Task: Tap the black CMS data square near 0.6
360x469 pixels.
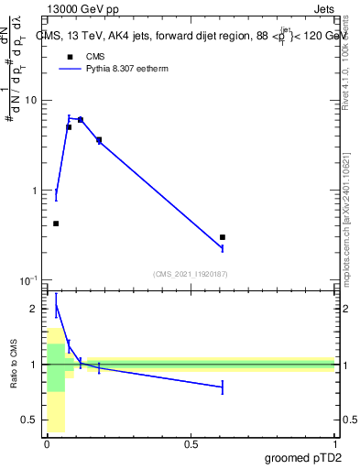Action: pyautogui.click(x=223, y=237)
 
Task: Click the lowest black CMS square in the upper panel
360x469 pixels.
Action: pyautogui.click(x=56, y=224)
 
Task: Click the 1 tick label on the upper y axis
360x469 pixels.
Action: pyautogui.click(x=36, y=191)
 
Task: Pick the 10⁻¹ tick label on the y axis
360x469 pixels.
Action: pyautogui.click(x=29, y=280)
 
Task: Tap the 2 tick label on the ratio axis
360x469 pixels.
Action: pyautogui.click(x=36, y=310)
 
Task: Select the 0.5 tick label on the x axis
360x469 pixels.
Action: pyautogui.click(x=191, y=444)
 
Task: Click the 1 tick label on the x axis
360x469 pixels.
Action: pyautogui.click(x=334, y=444)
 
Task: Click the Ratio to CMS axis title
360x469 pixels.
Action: pyautogui.click(x=13, y=365)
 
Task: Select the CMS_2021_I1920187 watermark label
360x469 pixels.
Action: pyautogui.click(x=191, y=274)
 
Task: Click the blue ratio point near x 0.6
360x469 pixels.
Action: pyautogui.click(x=223, y=387)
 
